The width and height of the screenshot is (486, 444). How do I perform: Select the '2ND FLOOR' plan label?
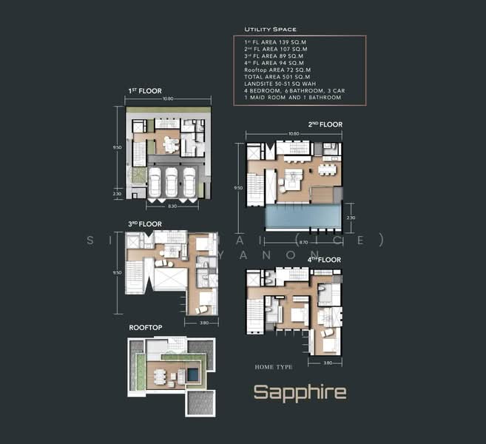pos(325,124)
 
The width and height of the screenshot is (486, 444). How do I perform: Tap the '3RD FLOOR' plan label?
pos(146,223)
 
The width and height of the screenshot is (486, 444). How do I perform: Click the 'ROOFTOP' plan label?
pos(146,326)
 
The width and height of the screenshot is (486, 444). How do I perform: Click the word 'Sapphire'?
pos(300,392)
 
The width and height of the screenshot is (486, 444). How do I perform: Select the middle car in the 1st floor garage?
pos(171,183)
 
